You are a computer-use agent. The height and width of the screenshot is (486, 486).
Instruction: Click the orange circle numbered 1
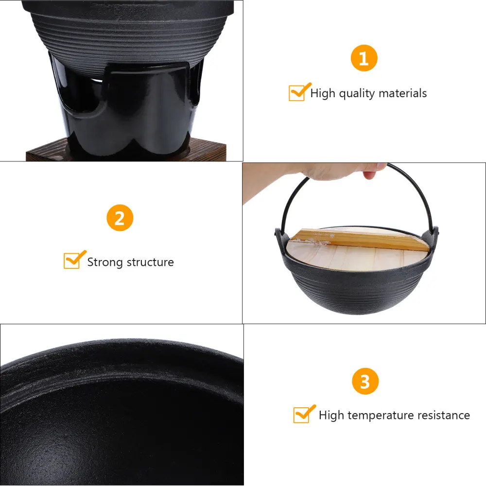pos(364,58)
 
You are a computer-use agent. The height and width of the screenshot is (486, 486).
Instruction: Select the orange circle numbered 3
pos(364,382)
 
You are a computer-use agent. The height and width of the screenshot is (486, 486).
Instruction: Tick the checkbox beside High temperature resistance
pos(302,415)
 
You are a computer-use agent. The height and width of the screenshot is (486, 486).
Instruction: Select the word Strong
pos(105,262)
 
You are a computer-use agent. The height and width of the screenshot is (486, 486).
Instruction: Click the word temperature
pos(378,415)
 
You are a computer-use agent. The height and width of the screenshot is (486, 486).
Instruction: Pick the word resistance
pos(442,415)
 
